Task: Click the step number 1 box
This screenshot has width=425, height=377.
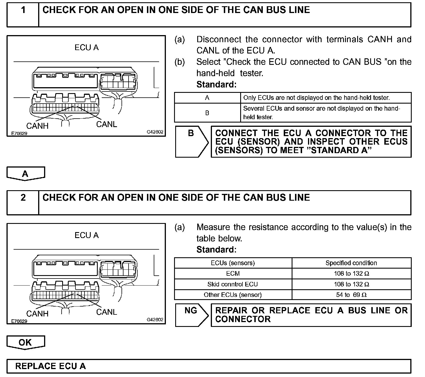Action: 23,15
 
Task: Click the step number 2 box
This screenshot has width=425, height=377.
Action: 23,202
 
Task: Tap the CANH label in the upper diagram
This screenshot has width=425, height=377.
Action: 37,126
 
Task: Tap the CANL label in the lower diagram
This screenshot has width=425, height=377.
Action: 107,312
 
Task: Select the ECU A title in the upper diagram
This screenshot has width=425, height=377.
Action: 86,48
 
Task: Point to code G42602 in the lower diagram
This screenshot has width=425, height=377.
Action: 155,320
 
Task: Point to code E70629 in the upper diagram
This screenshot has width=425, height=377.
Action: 19,133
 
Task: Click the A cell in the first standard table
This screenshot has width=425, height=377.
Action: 207,98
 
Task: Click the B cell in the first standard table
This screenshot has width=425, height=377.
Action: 207,113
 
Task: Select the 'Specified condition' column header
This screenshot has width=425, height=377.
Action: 351,263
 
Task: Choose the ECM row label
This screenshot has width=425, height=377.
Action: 233,274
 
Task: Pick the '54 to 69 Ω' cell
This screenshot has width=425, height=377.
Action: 351,295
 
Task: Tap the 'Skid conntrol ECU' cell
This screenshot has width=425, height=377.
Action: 233,284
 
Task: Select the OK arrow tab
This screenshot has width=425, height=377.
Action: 25,342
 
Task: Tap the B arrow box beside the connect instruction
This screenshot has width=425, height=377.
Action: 191,141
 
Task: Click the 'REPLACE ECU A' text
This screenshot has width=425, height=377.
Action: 50,366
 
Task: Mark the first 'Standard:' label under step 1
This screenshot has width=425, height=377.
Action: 216,84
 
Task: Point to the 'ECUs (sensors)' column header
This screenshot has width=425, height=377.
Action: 233,263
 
